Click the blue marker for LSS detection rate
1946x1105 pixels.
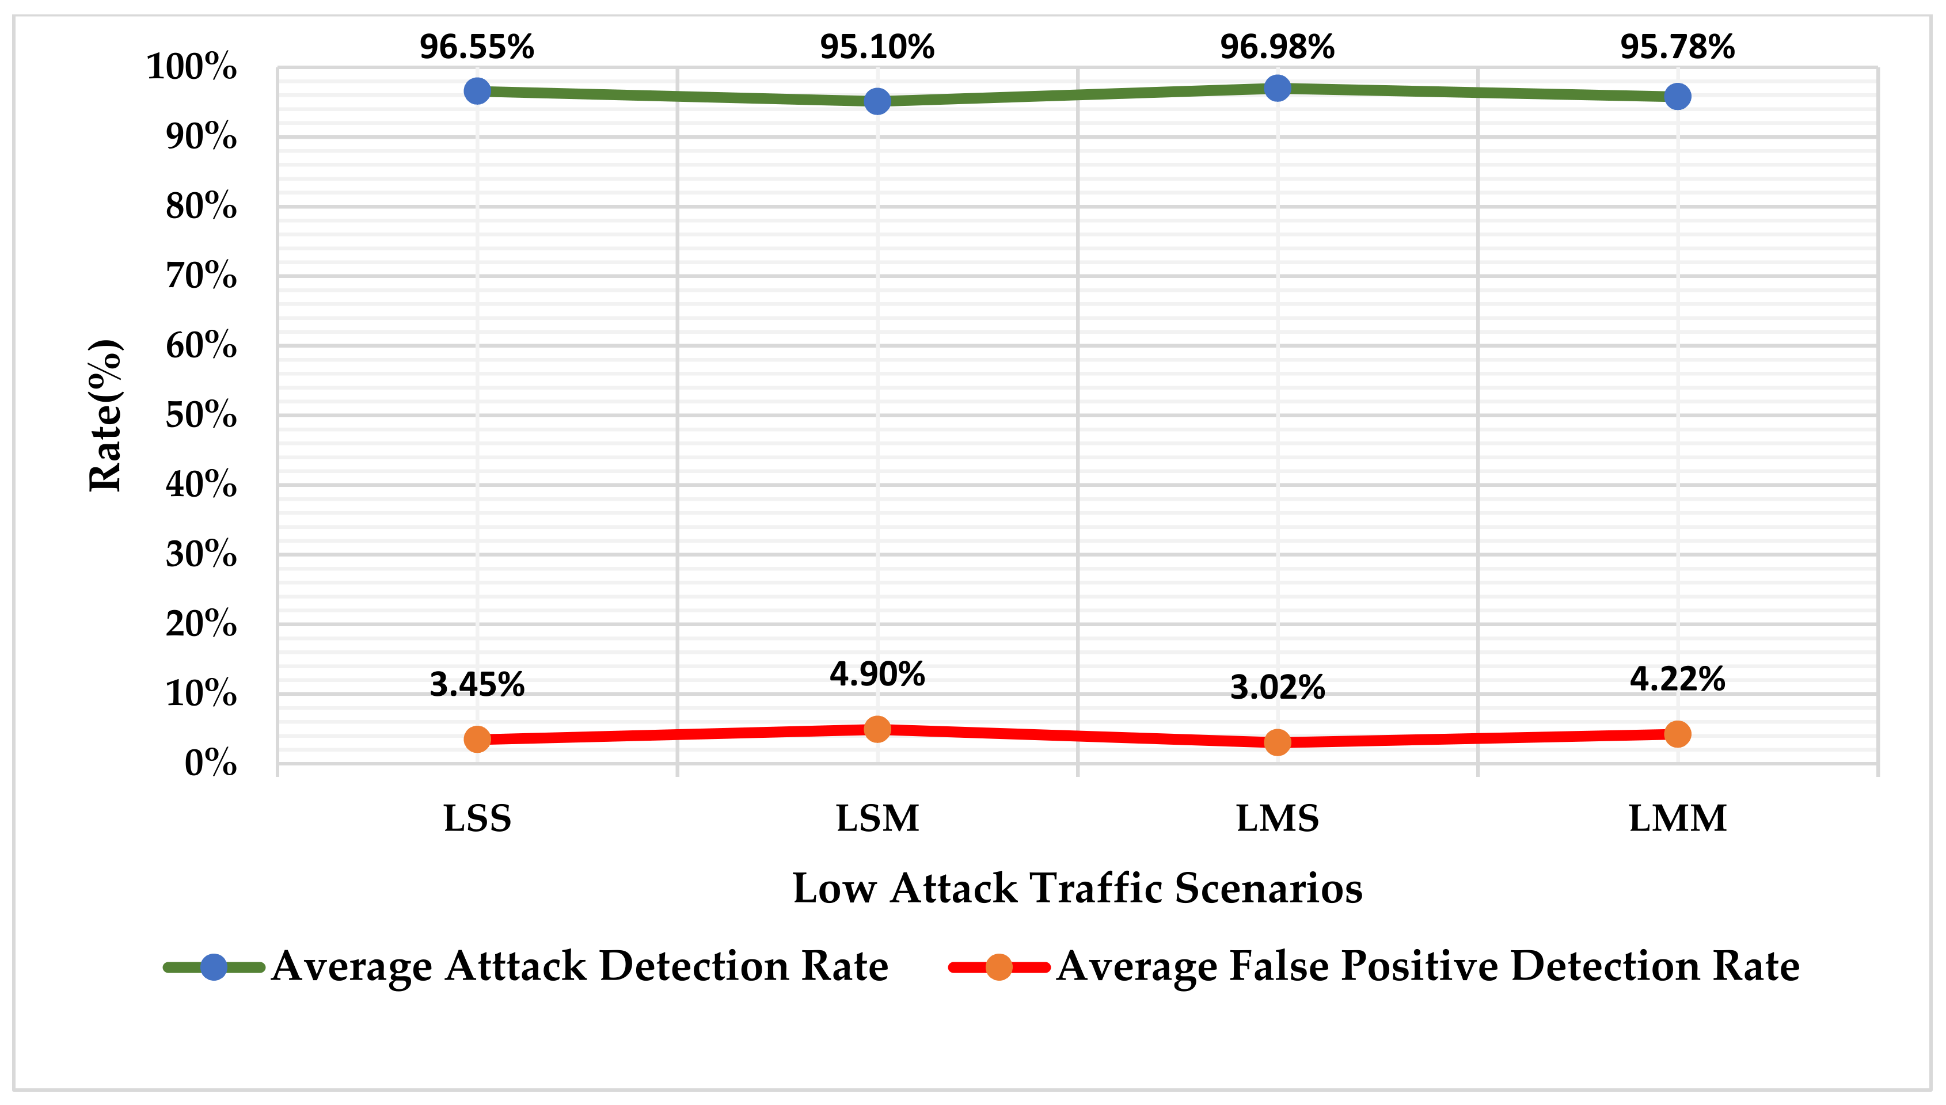(x=477, y=91)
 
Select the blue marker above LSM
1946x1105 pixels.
(x=877, y=101)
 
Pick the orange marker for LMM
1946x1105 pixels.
(x=1677, y=734)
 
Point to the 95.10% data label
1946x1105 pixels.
(x=877, y=47)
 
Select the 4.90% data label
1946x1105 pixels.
(x=877, y=674)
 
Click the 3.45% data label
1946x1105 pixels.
(x=477, y=684)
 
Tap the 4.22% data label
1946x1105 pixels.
(x=1677, y=679)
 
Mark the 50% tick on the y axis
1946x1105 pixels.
(x=201, y=415)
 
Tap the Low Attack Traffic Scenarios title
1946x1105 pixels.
(x=1077, y=888)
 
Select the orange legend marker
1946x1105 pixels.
(x=999, y=967)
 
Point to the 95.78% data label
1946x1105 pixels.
(x=1677, y=47)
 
